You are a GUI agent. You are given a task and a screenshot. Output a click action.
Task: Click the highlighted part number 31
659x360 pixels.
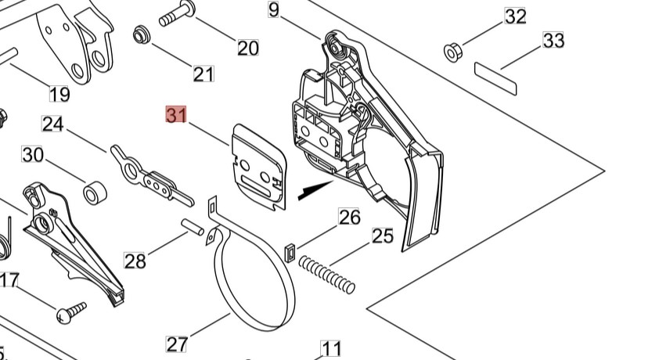[176, 115]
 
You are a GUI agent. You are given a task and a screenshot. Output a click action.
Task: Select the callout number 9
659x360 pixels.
[273, 9]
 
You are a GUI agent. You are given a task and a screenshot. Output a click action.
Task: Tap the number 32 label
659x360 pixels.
[515, 16]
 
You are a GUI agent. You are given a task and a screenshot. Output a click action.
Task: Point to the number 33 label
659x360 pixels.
[553, 40]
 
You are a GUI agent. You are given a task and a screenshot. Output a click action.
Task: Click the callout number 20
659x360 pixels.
[248, 48]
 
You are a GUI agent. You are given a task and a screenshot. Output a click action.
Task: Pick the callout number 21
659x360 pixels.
[203, 74]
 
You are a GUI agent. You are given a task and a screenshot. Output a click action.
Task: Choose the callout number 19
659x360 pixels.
[59, 95]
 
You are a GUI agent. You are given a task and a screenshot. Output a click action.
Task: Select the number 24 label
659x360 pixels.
[52, 124]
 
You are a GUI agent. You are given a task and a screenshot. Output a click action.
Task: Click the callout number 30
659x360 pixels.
[32, 155]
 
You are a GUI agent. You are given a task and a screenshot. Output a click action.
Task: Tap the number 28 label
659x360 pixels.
[135, 261]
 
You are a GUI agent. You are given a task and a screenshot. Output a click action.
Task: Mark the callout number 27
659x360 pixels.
[177, 344]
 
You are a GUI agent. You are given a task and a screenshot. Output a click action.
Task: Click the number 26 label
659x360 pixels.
[349, 217]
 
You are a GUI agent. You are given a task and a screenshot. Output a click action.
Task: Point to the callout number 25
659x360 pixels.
[382, 236]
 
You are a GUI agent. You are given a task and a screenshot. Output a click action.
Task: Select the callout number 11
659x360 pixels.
[332, 349]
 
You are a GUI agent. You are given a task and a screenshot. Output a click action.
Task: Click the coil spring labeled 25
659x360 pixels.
[327, 276]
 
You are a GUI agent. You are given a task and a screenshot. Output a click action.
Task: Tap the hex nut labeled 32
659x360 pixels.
[452, 52]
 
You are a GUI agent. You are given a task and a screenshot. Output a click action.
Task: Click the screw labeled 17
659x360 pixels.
[70, 313]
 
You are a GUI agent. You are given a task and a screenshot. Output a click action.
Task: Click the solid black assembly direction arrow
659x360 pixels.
[317, 189]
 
